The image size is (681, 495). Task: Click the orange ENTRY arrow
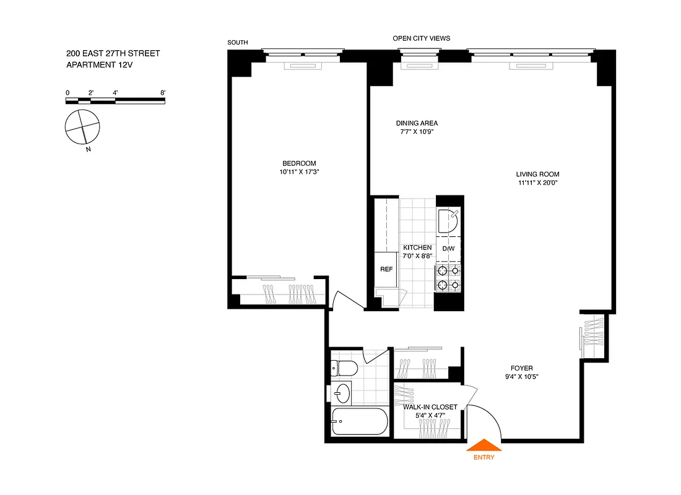point(485,446)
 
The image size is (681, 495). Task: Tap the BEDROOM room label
point(299,163)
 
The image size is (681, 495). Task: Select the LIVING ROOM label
point(538,174)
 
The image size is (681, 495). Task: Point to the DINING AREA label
point(417,123)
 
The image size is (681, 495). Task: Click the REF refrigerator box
point(386,269)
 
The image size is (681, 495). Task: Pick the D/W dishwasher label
point(448,249)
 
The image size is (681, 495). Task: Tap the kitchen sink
point(448,220)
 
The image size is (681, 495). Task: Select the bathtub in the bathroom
point(359,422)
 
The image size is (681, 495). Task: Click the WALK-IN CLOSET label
point(430,407)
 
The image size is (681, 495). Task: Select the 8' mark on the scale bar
point(163,92)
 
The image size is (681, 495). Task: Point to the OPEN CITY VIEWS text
point(421,38)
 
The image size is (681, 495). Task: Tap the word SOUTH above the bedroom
point(238,43)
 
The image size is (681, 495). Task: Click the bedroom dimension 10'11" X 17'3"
point(299,173)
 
